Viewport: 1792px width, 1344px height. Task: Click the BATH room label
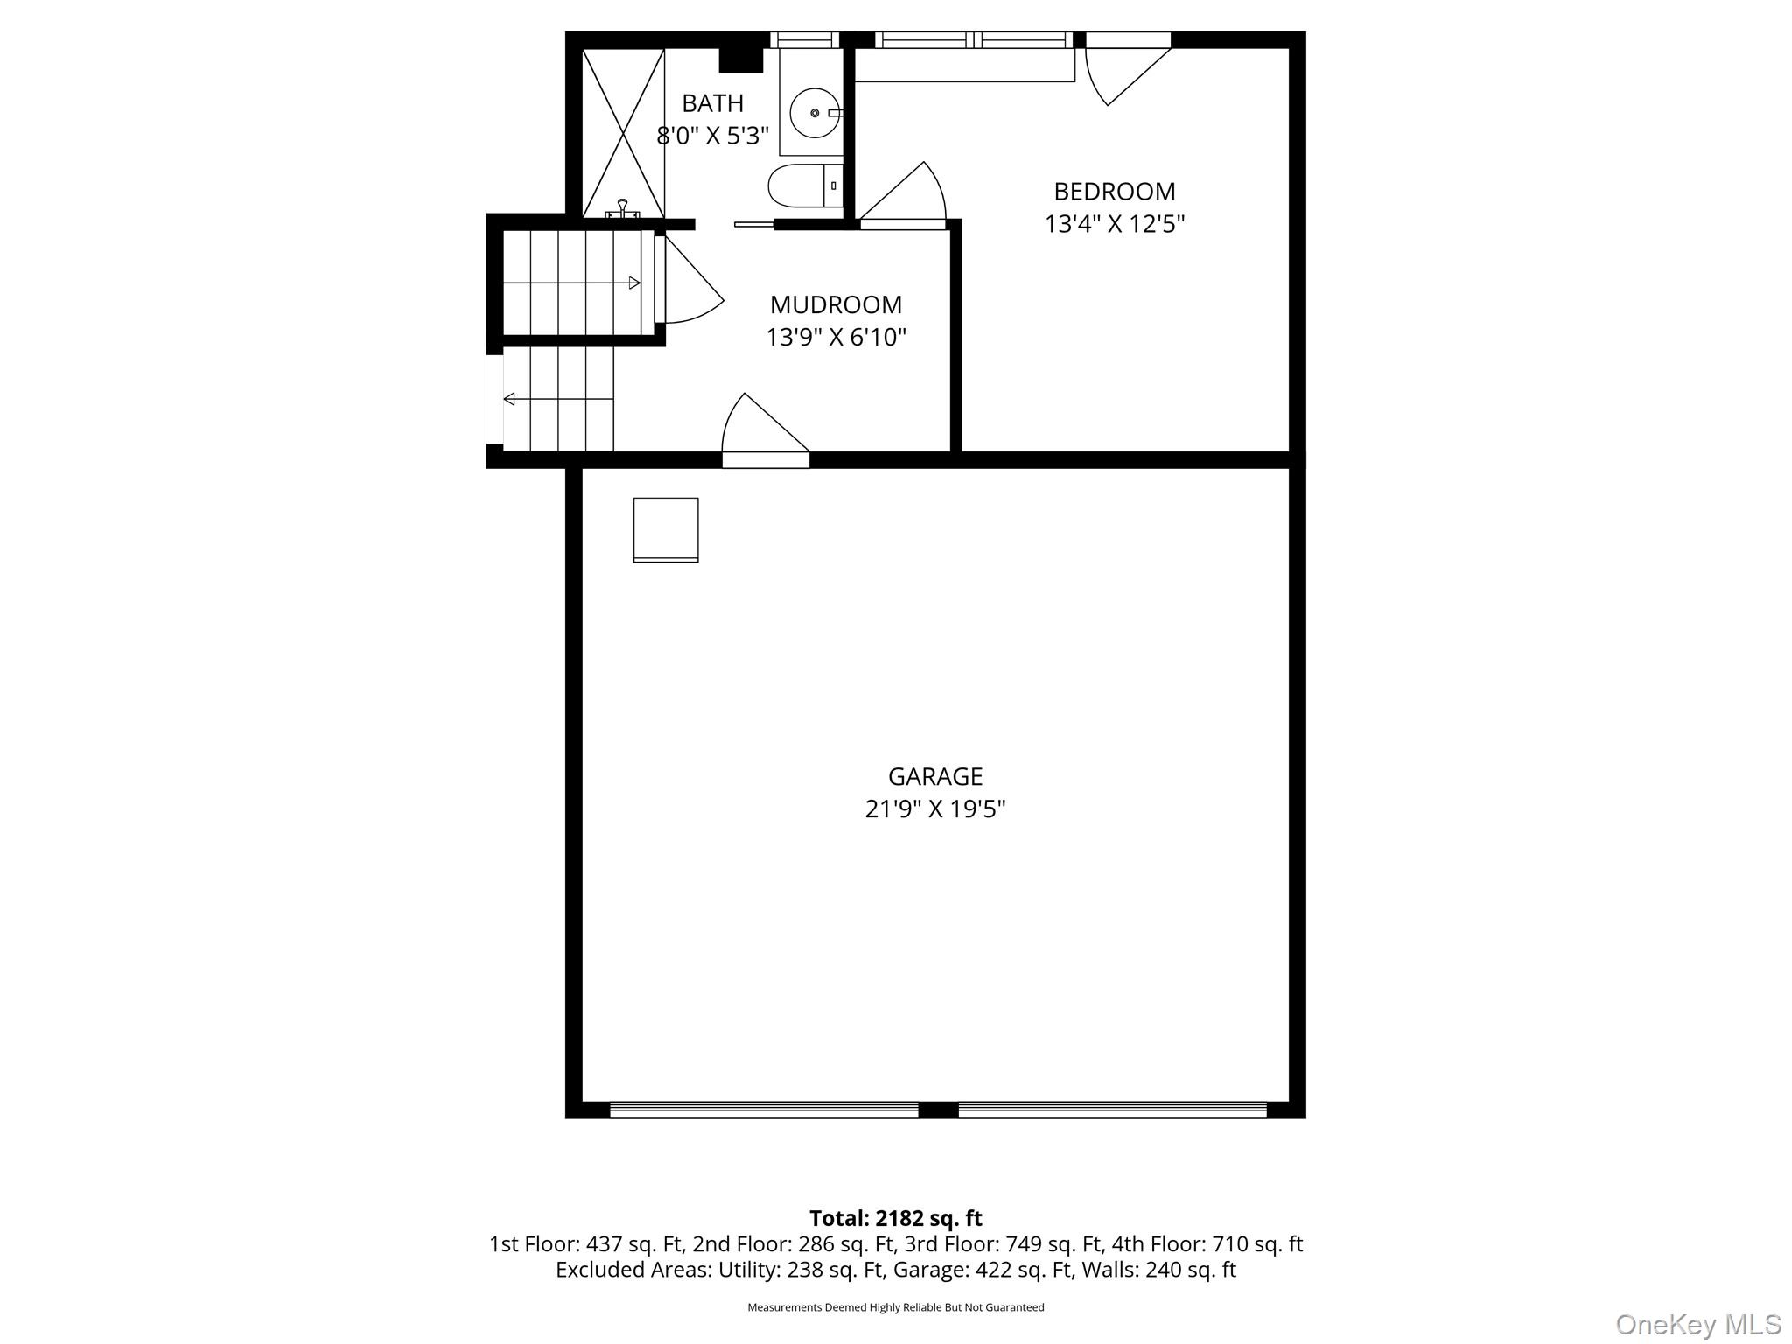point(712,103)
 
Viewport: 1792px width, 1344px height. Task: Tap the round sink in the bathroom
point(815,113)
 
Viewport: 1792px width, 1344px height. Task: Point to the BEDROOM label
point(1114,192)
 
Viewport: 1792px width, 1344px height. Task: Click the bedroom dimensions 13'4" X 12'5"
point(1114,225)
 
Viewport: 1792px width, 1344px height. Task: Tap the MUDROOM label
point(836,304)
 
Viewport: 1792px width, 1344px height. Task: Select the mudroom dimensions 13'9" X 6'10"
point(836,338)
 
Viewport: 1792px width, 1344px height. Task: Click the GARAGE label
point(934,776)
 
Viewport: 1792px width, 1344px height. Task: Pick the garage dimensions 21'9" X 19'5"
point(934,809)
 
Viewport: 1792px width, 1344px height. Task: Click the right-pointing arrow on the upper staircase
point(634,283)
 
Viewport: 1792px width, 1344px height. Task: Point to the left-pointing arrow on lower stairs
point(509,400)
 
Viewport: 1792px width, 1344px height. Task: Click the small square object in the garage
point(666,529)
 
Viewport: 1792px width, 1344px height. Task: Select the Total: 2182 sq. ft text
point(895,1218)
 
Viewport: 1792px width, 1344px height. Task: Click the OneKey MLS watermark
point(1697,1325)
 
